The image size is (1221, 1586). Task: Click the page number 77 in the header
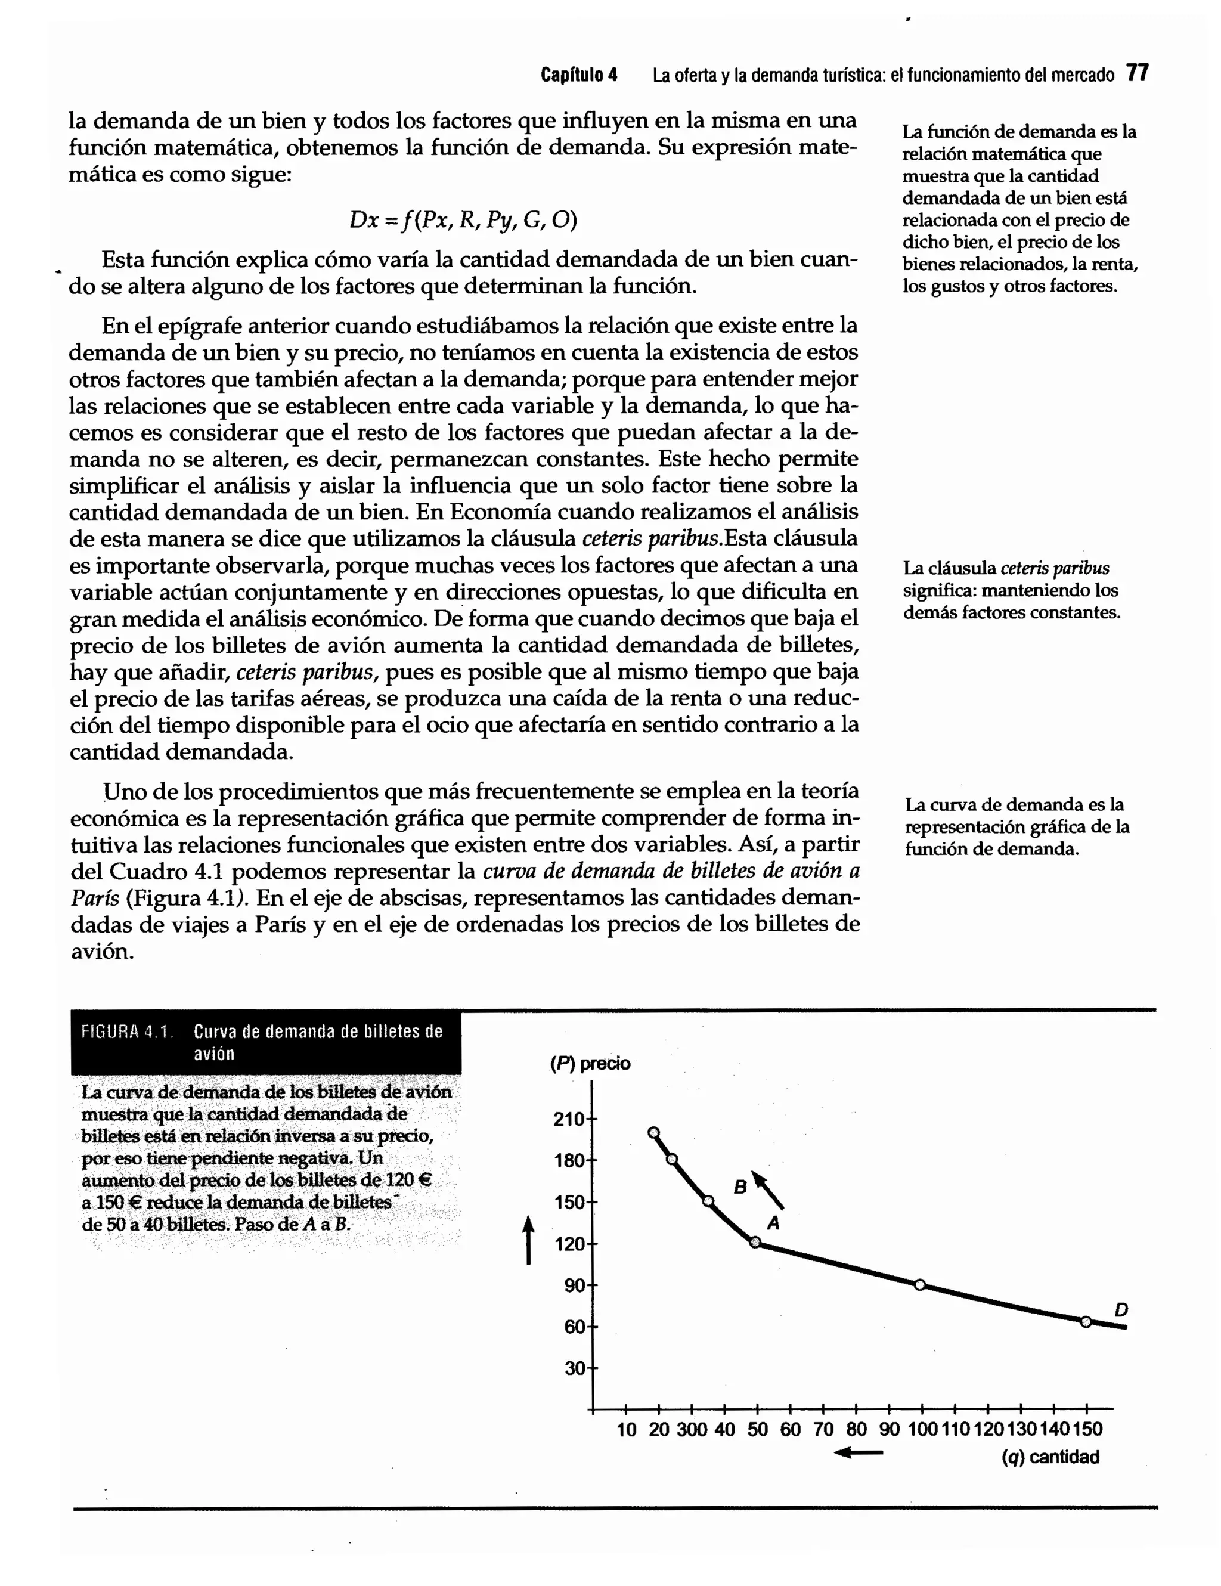pyautogui.click(x=1137, y=73)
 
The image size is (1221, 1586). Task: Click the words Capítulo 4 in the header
pyautogui.click(x=578, y=75)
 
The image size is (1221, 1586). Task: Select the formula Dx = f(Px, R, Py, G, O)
pyautogui.click(x=463, y=219)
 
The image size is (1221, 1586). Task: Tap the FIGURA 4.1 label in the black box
pyautogui.click(x=127, y=1031)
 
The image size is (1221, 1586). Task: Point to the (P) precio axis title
pyautogui.click(x=590, y=1064)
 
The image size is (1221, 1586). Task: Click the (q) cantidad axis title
pyautogui.click(x=1050, y=1457)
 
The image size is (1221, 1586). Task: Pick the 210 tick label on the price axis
pyautogui.click(x=568, y=1119)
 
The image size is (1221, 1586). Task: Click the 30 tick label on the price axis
pyautogui.click(x=574, y=1368)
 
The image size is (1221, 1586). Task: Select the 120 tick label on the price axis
pyautogui.click(x=568, y=1244)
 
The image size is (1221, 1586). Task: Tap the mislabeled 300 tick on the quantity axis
pyautogui.click(x=691, y=1430)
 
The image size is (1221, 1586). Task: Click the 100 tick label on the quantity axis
pyautogui.click(x=922, y=1430)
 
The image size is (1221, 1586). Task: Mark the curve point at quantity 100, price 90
pyautogui.click(x=920, y=1285)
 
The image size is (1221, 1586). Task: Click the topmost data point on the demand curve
pyautogui.click(x=653, y=1133)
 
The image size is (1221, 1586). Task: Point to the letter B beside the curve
pyautogui.click(x=740, y=1187)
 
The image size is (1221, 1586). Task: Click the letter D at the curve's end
pyautogui.click(x=1121, y=1309)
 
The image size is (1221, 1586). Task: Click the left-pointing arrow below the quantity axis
pyautogui.click(x=858, y=1453)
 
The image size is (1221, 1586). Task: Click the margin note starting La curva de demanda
pyautogui.click(x=1017, y=826)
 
